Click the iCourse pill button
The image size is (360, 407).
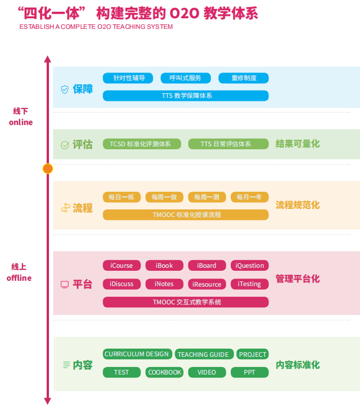pos(122,265)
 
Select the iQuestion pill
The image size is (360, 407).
pos(250,265)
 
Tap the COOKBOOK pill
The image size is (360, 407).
pos(165,372)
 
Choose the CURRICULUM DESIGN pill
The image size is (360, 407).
pos(137,354)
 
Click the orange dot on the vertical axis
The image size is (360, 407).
pos(48,169)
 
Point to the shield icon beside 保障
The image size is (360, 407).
pos(64,89)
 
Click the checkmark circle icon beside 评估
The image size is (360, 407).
pos(64,145)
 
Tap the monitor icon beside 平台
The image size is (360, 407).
pos(64,284)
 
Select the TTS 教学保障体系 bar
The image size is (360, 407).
pos(185,96)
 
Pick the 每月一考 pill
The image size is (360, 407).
pos(250,197)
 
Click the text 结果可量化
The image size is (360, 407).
pos(297,144)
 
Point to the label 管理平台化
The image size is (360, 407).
pos(297,278)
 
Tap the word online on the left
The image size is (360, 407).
pos(21,123)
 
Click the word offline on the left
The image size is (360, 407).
pos(19,278)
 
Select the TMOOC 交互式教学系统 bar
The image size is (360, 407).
pos(185,302)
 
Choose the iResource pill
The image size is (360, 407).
pos(207,284)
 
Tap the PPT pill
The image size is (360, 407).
pos(250,372)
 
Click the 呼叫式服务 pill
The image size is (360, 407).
pos(185,78)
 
